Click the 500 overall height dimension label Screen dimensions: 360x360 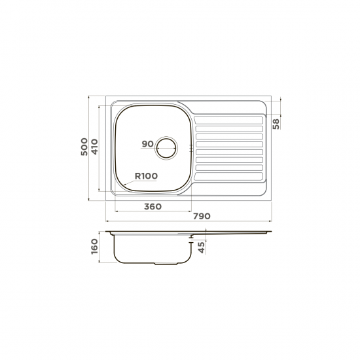(x=84, y=147)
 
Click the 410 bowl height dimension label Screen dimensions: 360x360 (x=94, y=147)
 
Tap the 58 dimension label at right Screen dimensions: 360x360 (x=276, y=124)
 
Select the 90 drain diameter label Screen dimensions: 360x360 (x=147, y=144)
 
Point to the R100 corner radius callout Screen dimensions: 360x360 (x=146, y=176)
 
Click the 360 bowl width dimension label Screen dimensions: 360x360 (x=153, y=207)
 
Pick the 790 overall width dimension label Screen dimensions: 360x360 (x=202, y=216)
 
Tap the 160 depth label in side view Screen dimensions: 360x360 (x=94, y=246)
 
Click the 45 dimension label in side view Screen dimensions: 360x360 (x=202, y=247)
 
